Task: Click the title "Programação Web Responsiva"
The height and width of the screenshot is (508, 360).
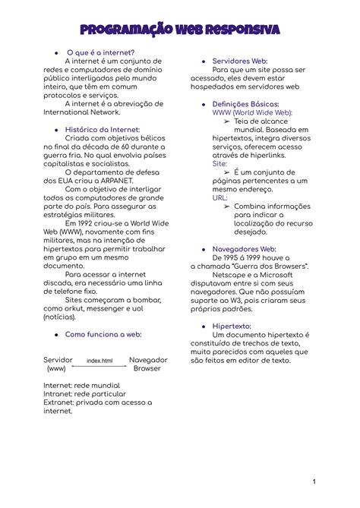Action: pyautogui.click(x=180, y=30)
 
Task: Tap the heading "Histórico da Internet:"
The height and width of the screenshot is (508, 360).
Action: pyautogui.click(x=103, y=130)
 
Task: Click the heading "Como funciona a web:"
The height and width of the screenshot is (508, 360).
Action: pyautogui.click(x=103, y=333)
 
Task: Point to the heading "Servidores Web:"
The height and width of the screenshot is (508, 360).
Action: pyautogui.click(x=240, y=60)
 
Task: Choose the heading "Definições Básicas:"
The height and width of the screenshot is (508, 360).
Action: pyautogui.click(x=246, y=103)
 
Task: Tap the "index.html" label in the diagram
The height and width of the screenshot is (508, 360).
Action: pyautogui.click(x=99, y=361)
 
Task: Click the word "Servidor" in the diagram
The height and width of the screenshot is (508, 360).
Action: pyautogui.click(x=58, y=359)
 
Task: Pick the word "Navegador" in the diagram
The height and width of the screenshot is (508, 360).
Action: pyautogui.click(x=149, y=359)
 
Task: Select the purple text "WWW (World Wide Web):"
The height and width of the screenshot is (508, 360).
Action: pyautogui.click(x=252, y=112)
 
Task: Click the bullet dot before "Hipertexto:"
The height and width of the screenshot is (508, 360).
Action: pyautogui.click(x=204, y=326)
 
